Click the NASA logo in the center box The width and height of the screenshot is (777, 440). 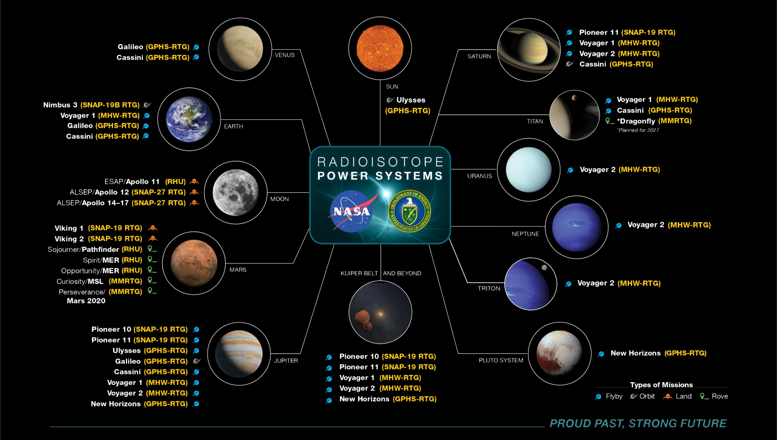[351, 211]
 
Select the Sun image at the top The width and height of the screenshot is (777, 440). [380, 48]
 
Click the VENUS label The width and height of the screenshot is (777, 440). [284, 55]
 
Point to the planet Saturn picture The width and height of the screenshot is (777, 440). [529, 49]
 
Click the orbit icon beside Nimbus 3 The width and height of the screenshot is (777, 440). [147, 105]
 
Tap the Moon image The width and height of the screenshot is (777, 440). [236, 192]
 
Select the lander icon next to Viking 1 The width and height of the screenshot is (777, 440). [153, 228]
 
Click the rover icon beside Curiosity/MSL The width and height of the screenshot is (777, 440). [152, 281]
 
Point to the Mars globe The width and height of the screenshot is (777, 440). [194, 263]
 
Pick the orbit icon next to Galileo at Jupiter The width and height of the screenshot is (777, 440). [197, 361]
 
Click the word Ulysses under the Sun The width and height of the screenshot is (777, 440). [411, 100]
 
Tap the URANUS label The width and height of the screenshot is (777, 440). [479, 176]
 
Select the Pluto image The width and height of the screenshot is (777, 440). [559, 353]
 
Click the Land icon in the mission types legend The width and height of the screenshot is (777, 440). [667, 396]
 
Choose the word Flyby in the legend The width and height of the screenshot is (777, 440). [614, 396]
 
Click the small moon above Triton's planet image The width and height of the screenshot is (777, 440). [544, 267]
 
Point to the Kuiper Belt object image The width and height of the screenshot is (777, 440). [380, 312]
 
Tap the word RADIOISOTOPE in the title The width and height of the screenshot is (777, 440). [380, 162]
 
